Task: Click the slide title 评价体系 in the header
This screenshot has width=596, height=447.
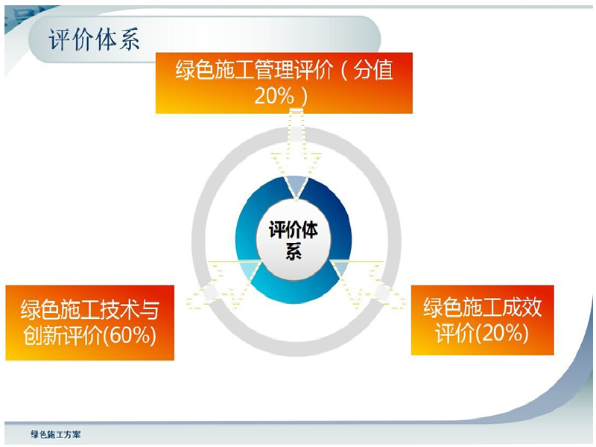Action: click(95, 39)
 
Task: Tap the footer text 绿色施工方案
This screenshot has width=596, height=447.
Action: click(55, 434)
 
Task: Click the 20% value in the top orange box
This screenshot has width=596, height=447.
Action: click(274, 96)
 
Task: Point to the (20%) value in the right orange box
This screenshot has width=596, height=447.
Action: click(502, 333)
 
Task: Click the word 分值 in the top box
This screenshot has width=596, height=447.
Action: click(373, 70)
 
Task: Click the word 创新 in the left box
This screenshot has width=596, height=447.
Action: click(43, 335)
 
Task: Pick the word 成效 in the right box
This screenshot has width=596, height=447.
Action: click(522, 308)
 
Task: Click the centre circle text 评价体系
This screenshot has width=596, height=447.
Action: click(294, 240)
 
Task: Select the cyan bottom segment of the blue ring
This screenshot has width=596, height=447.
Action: click(294, 292)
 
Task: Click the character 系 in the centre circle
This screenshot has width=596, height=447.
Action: click(294, 251)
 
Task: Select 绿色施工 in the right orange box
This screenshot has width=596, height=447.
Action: click(463, 308)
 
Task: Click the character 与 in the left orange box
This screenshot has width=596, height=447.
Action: click(150, 310)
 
